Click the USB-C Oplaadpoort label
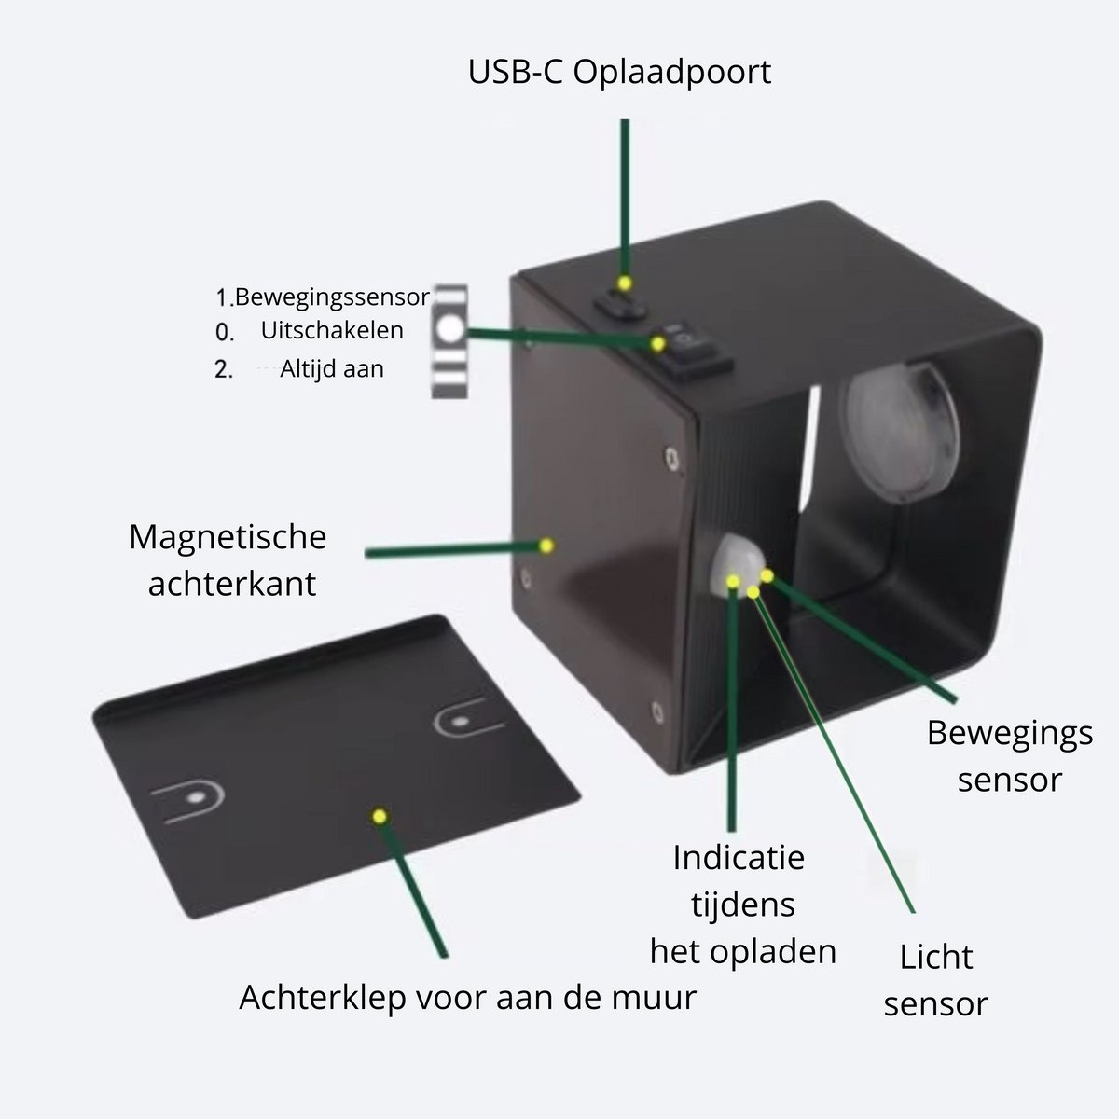click(619, 73)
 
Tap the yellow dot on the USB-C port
click(624, 283)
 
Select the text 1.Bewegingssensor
click(323, 297)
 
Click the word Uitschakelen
click(332, 330)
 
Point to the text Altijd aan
click(332, 368)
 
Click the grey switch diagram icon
click(449, 341)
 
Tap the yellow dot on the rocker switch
click(657, 344)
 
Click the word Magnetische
click(228, 536)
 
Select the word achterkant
click(231, 584)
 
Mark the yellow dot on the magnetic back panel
click(546, 546)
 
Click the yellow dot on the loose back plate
click(380, 817)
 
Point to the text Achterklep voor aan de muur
click(467, 998)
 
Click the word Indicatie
click(739, 858)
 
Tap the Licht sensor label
click(935, 980)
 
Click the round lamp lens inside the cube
click(901, 433)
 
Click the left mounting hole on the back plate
click(196, 797)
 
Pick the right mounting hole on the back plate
click(462, 723)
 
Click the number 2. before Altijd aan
click(224, 369)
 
